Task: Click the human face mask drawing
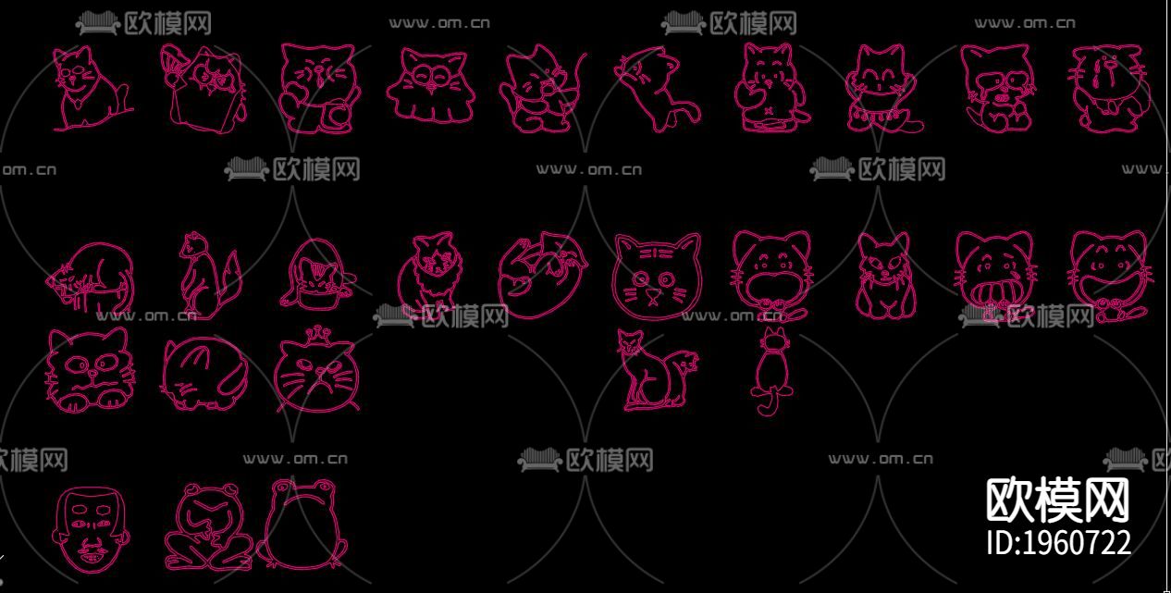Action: [x=92, y=531]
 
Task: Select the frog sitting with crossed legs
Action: [x=208, y=527]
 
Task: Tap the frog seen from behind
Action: [x=302, y=525]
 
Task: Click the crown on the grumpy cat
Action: [x=315, y=335]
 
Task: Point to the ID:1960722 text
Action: [x=1058, y=543]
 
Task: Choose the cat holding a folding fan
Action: [x=203, y=89]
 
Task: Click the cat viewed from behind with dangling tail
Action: [x=772, y=370]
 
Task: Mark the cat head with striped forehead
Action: [x=657, y=276]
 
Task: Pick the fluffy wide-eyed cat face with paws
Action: [x=90, y=369]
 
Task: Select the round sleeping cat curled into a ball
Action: [x=203, y=374]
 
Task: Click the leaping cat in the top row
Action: [x=658, y=88]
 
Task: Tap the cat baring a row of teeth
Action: [x=994, y=276]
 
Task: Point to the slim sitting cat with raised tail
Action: [x=657, y=370]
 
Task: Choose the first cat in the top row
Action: [x=92, y=88]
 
